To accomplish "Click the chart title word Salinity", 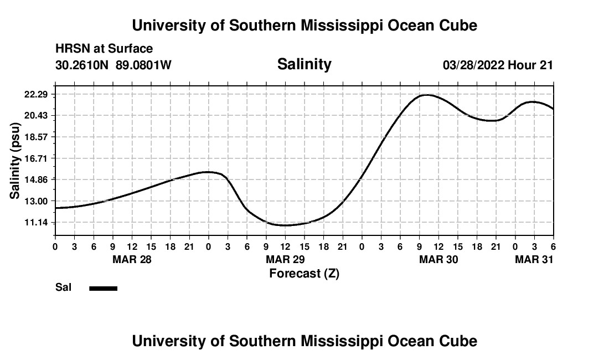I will coord(304,64).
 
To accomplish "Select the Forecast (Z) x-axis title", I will coord(304,274).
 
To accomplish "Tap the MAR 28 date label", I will coord(132,259).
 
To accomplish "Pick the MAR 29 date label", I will coord(285,259).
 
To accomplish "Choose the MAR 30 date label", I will coord(438,259).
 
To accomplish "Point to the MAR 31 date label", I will coord(534,259).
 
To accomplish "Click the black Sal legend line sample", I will coord(104,288).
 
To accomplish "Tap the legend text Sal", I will coord(63,288).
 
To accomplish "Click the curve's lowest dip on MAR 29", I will coord(285,225).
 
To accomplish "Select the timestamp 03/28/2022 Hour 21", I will coord(498,65).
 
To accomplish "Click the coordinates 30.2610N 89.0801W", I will coord(113,65).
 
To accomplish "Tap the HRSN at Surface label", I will coord(104,49).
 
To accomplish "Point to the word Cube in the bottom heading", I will coord(458,341).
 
